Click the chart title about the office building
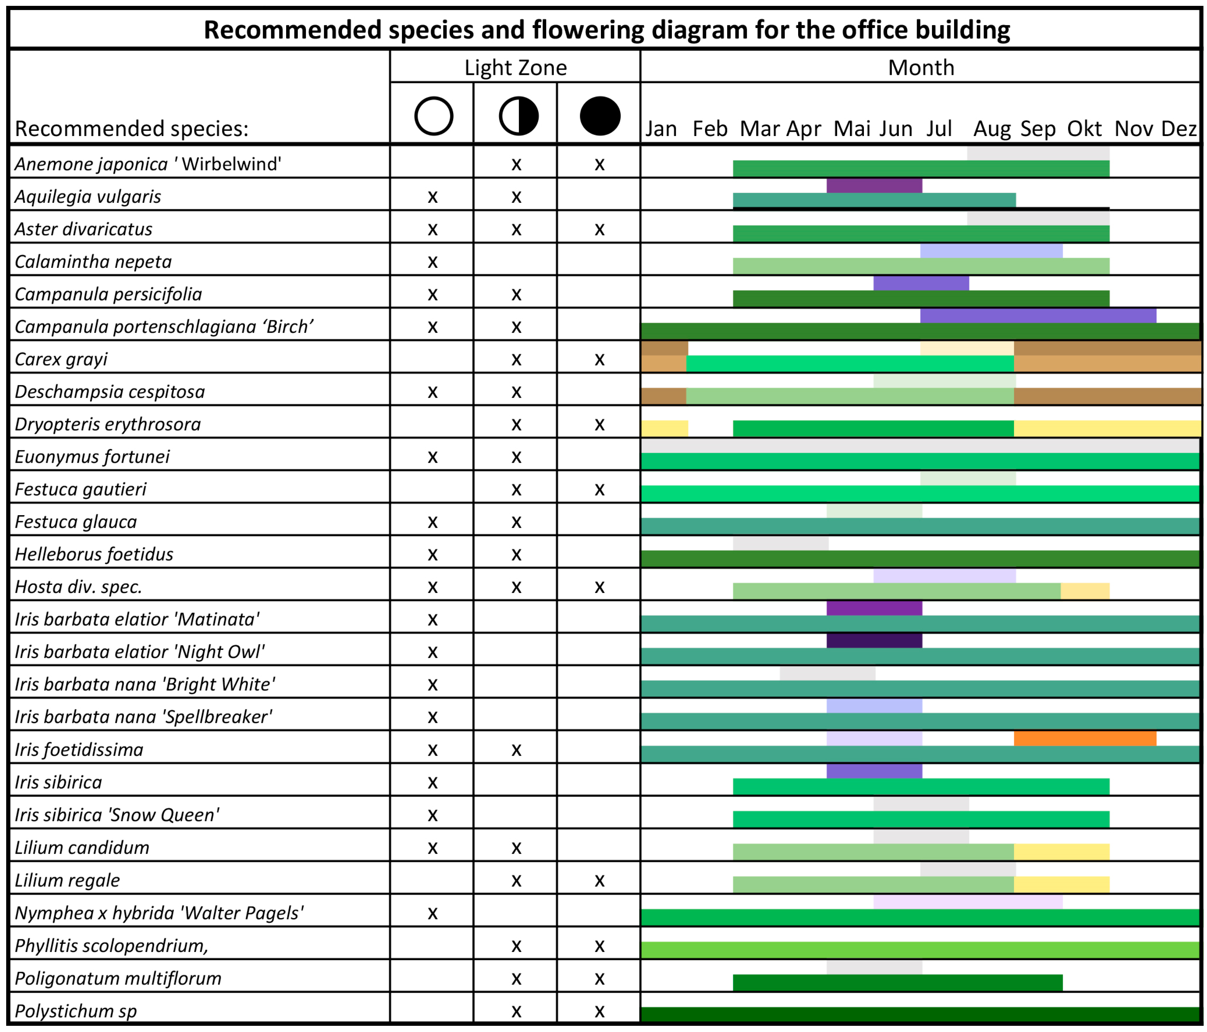[x=606, y=30]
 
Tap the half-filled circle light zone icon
[x=519, y=116]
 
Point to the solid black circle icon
[x=600, y=116]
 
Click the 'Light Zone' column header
[x=516, y=68]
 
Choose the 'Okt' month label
[x=1084, y=129]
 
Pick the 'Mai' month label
[x=852, y=129]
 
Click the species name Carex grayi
[x=61, y=359]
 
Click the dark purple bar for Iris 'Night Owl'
[x=874, y=640]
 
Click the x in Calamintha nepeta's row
[x=432, y=262]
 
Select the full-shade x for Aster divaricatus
[x=599, y=229]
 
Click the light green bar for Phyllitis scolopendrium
[x=921, y=950]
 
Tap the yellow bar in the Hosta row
[x=1085, y=591]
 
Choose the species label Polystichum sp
[x=76, y=1011]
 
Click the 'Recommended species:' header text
[x=132, y=129]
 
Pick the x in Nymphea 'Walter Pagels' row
[x=432, y=913]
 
